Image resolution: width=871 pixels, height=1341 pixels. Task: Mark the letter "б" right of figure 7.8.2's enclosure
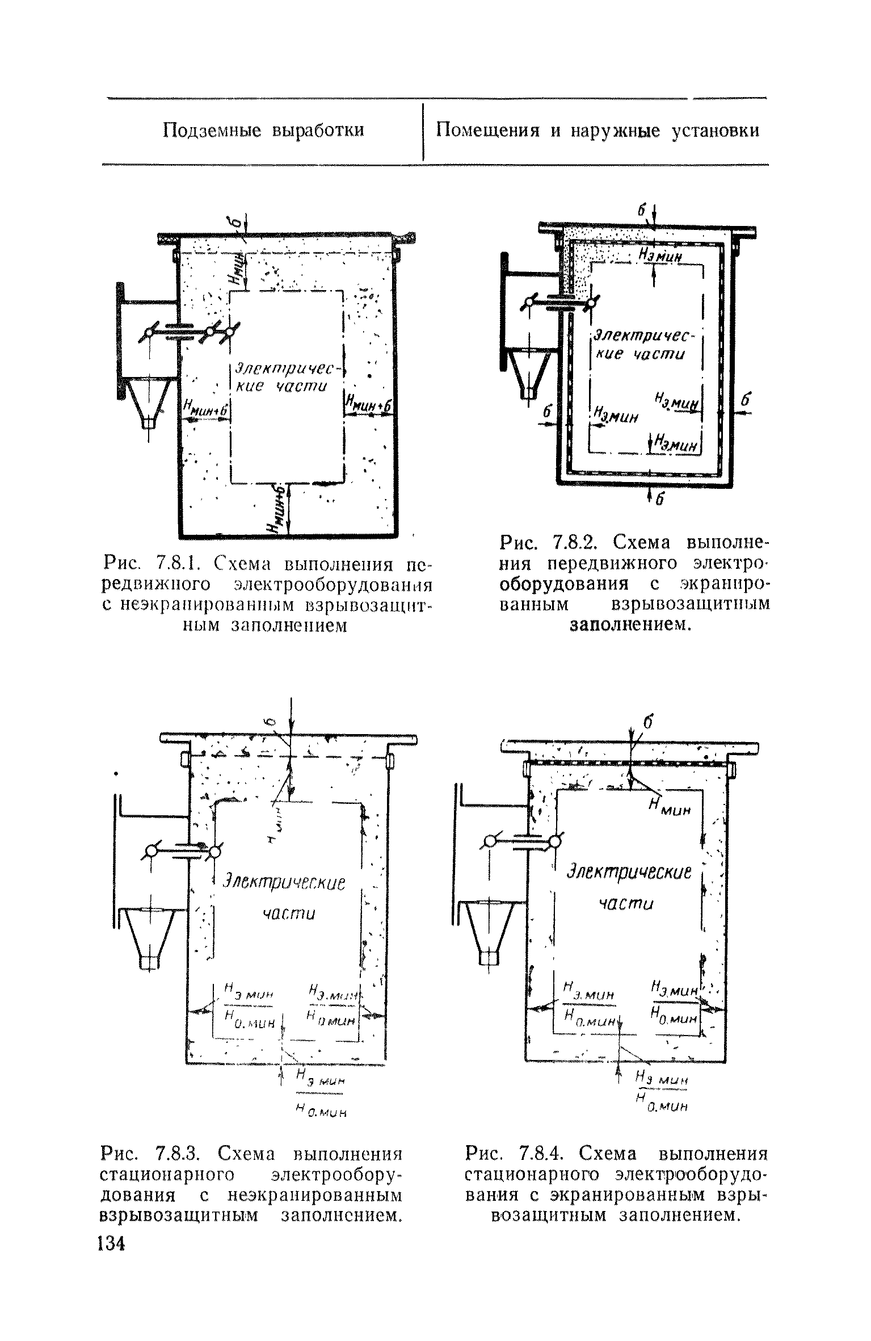pos(745,401)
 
